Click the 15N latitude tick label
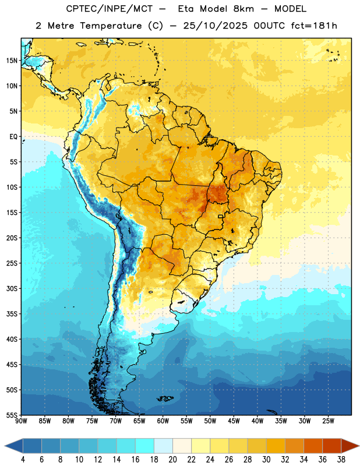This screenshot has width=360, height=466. (12, 61)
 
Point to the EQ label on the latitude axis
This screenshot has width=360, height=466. (13, 137)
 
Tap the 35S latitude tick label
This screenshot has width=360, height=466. (12, 314)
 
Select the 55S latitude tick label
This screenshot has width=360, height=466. (12, 415)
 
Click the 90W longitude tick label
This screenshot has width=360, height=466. (21, 421)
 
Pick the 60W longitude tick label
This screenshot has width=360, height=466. (163, 421)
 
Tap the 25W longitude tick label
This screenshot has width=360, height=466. (328, 421)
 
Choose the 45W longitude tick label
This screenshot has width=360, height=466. (234, 421)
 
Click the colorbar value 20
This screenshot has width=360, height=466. (172, 460)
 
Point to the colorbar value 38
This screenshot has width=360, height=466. (341, 460)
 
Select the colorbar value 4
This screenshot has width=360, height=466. (23, 460)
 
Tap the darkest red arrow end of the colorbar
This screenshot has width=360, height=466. (350, 446)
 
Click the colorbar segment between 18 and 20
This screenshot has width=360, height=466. (163, 446)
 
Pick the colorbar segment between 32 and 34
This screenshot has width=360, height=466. (294, 446)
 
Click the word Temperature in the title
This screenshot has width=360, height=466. (111, 26)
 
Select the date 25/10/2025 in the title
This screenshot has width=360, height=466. (215, 26)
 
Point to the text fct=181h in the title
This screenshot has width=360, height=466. (314, 26)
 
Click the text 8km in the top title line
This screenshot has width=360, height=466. (243, 9)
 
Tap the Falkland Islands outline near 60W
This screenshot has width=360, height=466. (165, 398)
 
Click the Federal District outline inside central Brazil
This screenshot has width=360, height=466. (221, 216)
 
